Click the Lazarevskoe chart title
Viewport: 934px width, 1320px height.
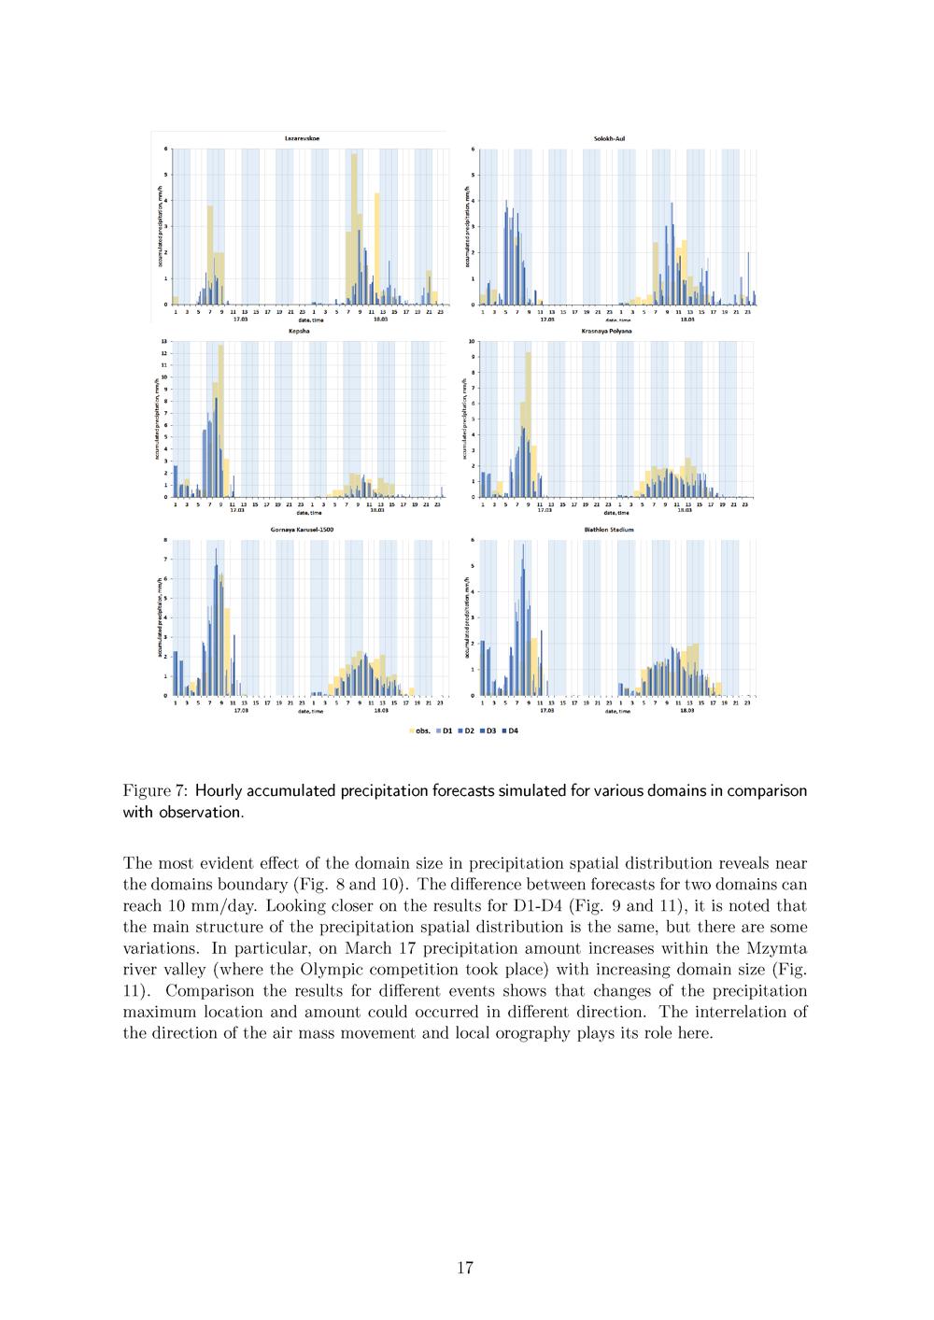[x=300, y=138]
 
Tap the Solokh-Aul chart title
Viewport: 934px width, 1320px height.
[x=609, y=138]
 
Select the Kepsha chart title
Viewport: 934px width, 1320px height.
[x=300, y=332]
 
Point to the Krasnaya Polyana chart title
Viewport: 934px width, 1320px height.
[x=606, y=332]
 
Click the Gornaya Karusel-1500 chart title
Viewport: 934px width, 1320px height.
[x=302, y=530]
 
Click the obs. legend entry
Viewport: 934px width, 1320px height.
[x=419, y=731]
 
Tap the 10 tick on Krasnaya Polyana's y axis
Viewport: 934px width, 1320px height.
[x=472, y=342]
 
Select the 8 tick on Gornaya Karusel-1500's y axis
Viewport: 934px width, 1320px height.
[x=166, y=540]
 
